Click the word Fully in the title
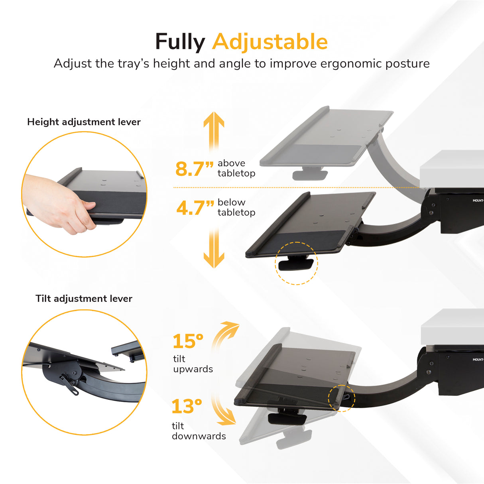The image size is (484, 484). [180, 42]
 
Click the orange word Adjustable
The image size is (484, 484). [270, 42]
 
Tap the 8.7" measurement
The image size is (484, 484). [194, 169]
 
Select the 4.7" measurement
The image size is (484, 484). [195, 208]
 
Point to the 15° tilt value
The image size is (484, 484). [188, 342]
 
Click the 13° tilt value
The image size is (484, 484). [187, 407]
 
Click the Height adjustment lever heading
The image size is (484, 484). [84, 122]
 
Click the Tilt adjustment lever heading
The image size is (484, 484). [84, 299]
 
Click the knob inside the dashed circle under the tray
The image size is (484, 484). [296, 264]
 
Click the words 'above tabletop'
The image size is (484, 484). [236, 168]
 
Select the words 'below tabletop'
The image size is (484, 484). [236, 207]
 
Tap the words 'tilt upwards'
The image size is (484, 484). [193, 364]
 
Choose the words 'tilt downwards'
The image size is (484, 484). [199, 431]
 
